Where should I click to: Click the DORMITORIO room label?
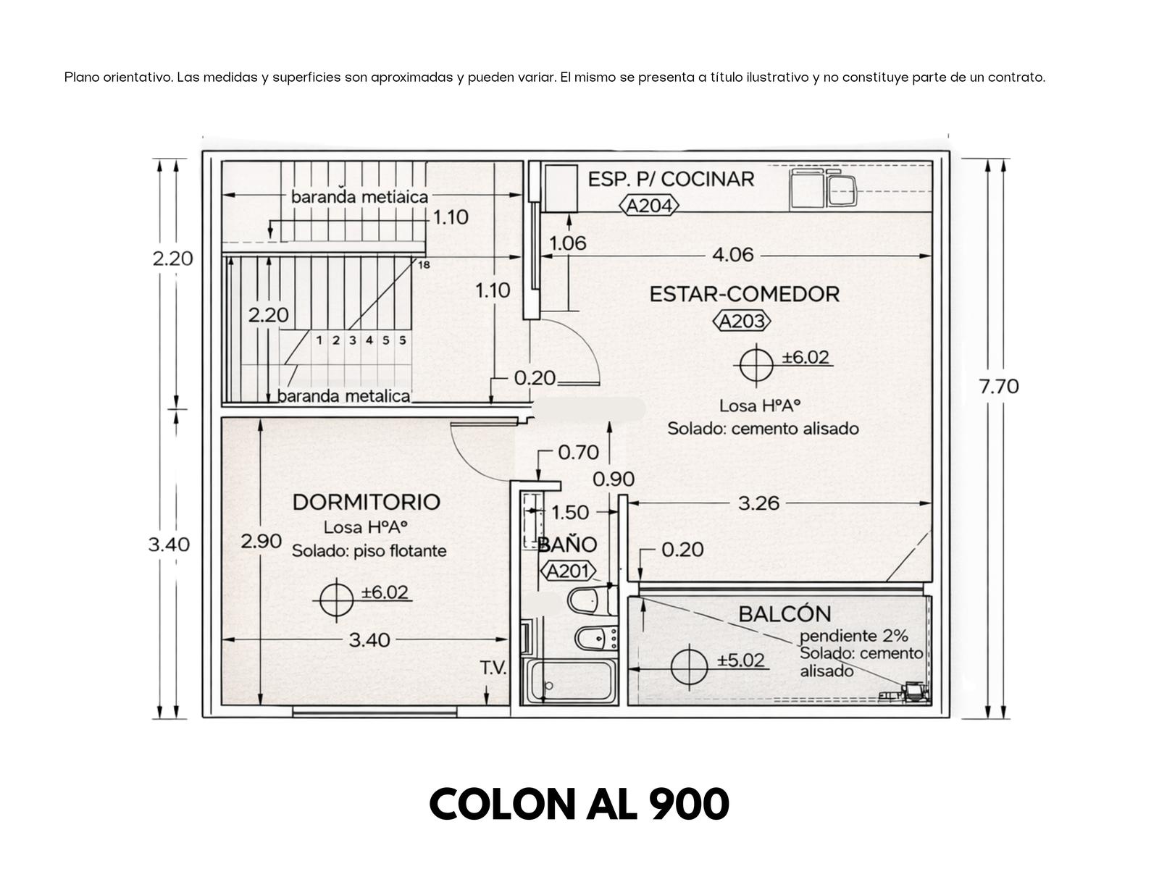pyautogui.click(x=366, y=502)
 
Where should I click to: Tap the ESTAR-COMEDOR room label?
pyautogui.click(x=744, y=294)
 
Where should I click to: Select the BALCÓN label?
pyautogui.click(x=784, y=613)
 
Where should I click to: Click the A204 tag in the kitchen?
pyautogui.click(x=648, y=205)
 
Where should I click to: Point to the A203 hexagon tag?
pyautogui.click(x=741, y=321)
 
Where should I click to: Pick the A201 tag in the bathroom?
pyautogui.click(x=568, y=571)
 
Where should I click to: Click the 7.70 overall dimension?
pyautogui.click(x=998, y=387)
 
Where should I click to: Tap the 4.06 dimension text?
pyautogui.click(x=732, y=255)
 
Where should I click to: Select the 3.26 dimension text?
pyautogui.click(x=758, y=503)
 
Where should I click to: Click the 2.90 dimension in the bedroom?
pyautogui.click(x=261, y=541)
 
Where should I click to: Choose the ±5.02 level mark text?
pyautogui.click(x=740, y=660)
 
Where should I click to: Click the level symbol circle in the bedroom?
pyautogui.click(x=336, y=600)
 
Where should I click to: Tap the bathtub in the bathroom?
pyautogui.click(x=569, y=681)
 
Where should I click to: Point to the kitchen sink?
pyautogui.click(x=842, y=190)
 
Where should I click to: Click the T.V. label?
pyautogui.click(x=493, y=668)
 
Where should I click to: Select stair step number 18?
pyautogui.click(x=424, y=265)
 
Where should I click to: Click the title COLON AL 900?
pyautogui.click(x=579, y=805)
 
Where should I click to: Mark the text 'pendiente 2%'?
pyautogui.click(x=853, y=636)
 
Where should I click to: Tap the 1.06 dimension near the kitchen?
pyautogui.click(x=568, y=243)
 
